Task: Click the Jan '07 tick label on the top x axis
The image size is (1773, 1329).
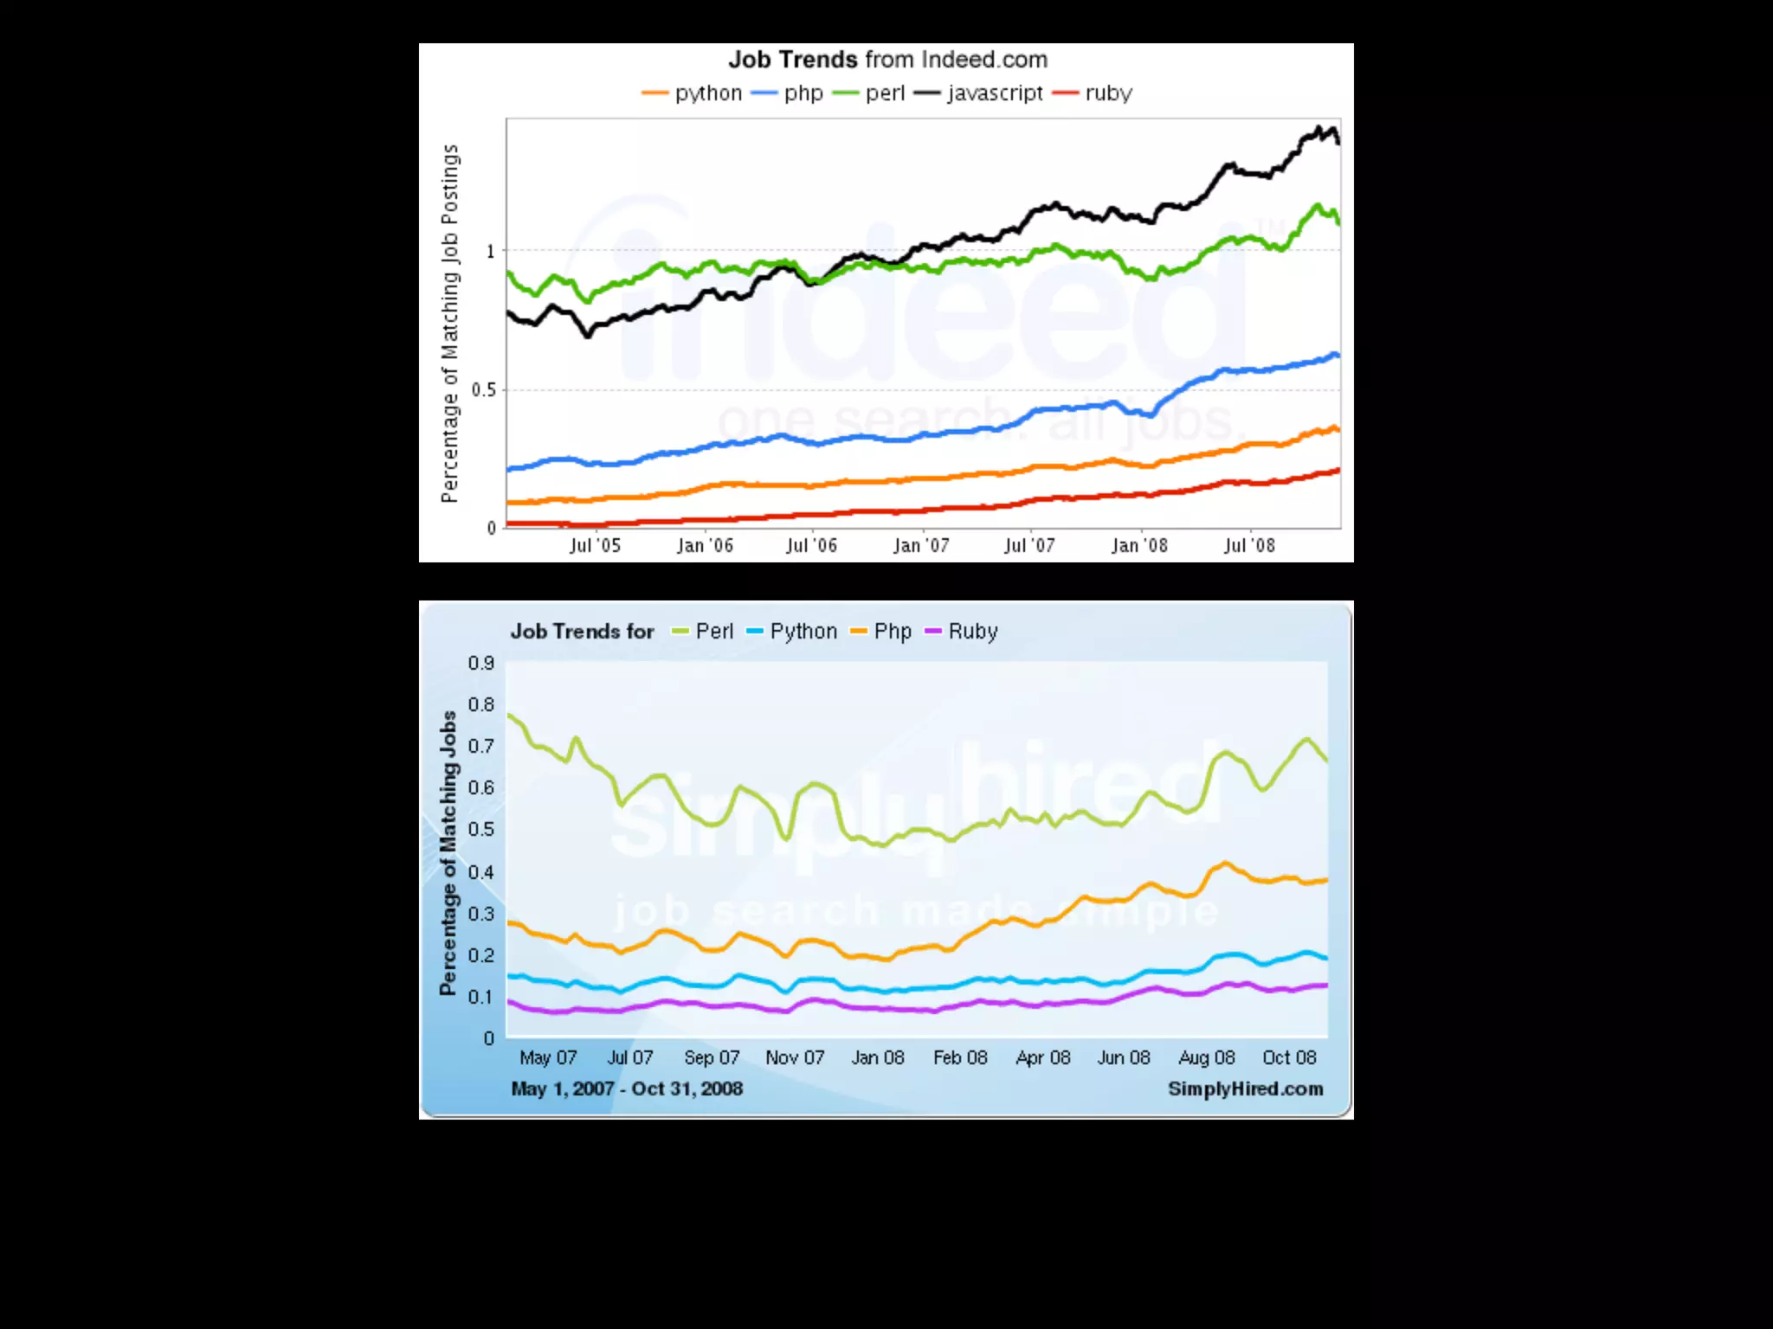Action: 921,546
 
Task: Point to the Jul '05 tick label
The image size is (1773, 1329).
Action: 595,546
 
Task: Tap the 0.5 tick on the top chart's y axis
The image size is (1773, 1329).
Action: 484,390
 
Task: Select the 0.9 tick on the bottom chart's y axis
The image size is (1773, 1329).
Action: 481,664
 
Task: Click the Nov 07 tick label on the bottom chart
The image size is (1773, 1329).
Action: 795,1057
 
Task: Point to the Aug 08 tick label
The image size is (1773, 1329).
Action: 1207,1057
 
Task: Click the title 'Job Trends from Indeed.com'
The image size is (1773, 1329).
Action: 887,60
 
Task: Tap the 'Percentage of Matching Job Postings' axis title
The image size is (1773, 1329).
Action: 449,324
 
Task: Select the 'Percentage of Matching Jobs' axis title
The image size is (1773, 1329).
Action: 448,853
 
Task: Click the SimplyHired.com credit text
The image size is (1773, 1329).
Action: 1245,1088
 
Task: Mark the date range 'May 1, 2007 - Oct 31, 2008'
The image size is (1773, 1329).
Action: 627,1088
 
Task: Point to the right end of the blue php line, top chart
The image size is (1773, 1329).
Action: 1338,355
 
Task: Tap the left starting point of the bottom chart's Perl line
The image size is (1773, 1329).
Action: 509,715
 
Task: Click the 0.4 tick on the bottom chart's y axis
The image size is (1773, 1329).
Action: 481,872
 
